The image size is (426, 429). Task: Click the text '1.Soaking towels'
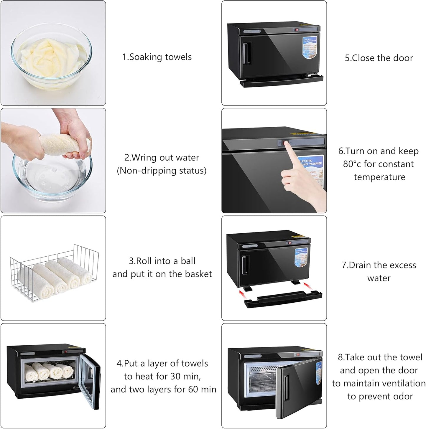pyautogui.click(x=157, y=57)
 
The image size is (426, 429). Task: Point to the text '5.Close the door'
pyautogui.click(x=379, y=58)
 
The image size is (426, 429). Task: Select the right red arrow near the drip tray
pyautogui.click(x=307, y=285)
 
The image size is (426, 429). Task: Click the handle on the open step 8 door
pyautogui.click(x=286, y=383)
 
